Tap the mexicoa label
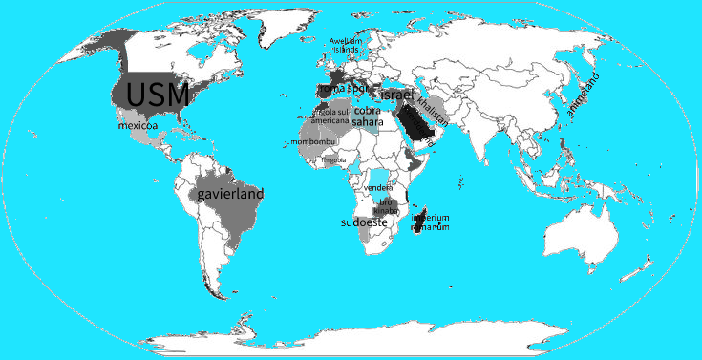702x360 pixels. coord(138,125)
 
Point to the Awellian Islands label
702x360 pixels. coord(344,45)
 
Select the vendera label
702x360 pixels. coord(379,188)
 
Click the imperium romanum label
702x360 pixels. coord(422,222)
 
